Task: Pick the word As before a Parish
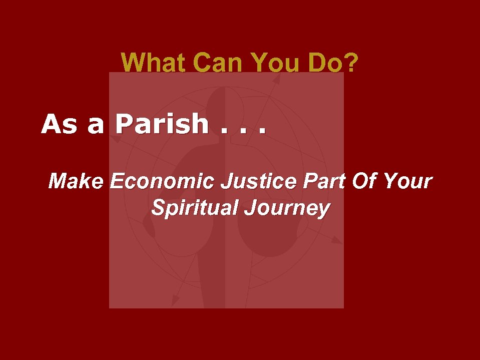coord(59,124)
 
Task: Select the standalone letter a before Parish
coord(96,126)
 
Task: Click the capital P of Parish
coord(125,124)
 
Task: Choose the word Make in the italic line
coord(76,181)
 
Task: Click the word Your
coord(407,181)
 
